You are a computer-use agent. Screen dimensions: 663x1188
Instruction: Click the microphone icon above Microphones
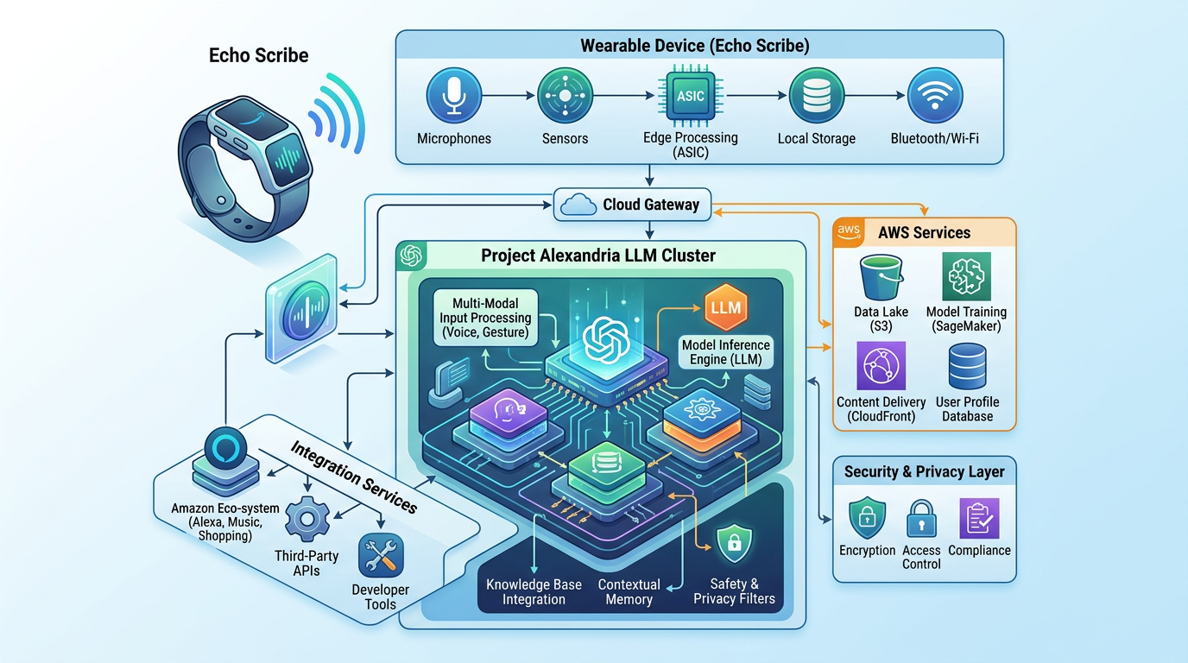(x=453, y=96)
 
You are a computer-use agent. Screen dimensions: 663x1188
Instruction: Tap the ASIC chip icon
(x=690, y=97)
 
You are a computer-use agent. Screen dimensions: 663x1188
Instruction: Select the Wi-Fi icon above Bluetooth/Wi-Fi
(x=934, y=96)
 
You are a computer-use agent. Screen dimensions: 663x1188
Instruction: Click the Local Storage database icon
(x=816, y=97)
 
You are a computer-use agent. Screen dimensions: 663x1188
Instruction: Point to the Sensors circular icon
(x=565, y=96)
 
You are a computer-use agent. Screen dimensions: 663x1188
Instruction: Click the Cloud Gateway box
(x=632, y=205)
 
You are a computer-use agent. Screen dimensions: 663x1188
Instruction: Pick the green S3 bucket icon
(x=881, y=277)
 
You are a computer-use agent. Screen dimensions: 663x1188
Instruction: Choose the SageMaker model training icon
(x=966, y=276)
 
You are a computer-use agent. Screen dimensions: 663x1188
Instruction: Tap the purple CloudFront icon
(x=881, y=366)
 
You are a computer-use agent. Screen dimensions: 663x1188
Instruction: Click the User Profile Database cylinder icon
(x=967, y=366)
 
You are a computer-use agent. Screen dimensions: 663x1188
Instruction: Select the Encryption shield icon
(x=867, y=518)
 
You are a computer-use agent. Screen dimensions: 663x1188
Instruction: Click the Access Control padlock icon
(x=921, y=518)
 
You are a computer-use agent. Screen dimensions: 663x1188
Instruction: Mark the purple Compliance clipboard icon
(x=979, y=518)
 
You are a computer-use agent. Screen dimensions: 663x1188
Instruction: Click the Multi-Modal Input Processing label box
(x=484, y=318)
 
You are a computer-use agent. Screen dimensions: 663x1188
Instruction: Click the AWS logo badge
(x=850, y=230)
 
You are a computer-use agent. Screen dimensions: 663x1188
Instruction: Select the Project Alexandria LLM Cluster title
(x=598, y=256)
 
